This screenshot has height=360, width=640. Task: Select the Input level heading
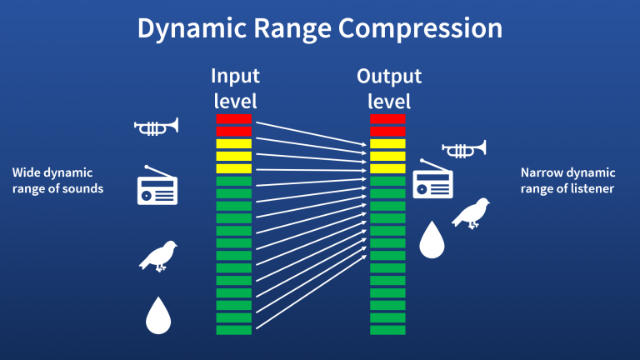click(234, 88)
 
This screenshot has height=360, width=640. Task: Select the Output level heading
click(388, 88)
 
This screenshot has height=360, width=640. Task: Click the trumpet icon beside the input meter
click(157, 127)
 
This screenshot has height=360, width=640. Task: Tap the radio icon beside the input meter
click(157, 186)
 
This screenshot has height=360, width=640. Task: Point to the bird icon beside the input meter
click(159, 256)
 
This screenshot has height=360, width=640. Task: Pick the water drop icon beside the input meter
click(157, 314)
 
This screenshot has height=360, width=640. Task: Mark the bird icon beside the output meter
click(471, 212)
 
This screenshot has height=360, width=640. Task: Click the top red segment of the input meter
click(233, 119)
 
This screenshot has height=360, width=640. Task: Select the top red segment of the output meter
click(387, 119)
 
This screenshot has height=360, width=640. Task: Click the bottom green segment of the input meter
click(233, 330)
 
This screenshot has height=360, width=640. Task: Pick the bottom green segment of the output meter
click(387, 330)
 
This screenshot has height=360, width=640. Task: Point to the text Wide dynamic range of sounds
click(57, 181)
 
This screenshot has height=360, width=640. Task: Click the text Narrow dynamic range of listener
click(567, 181)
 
